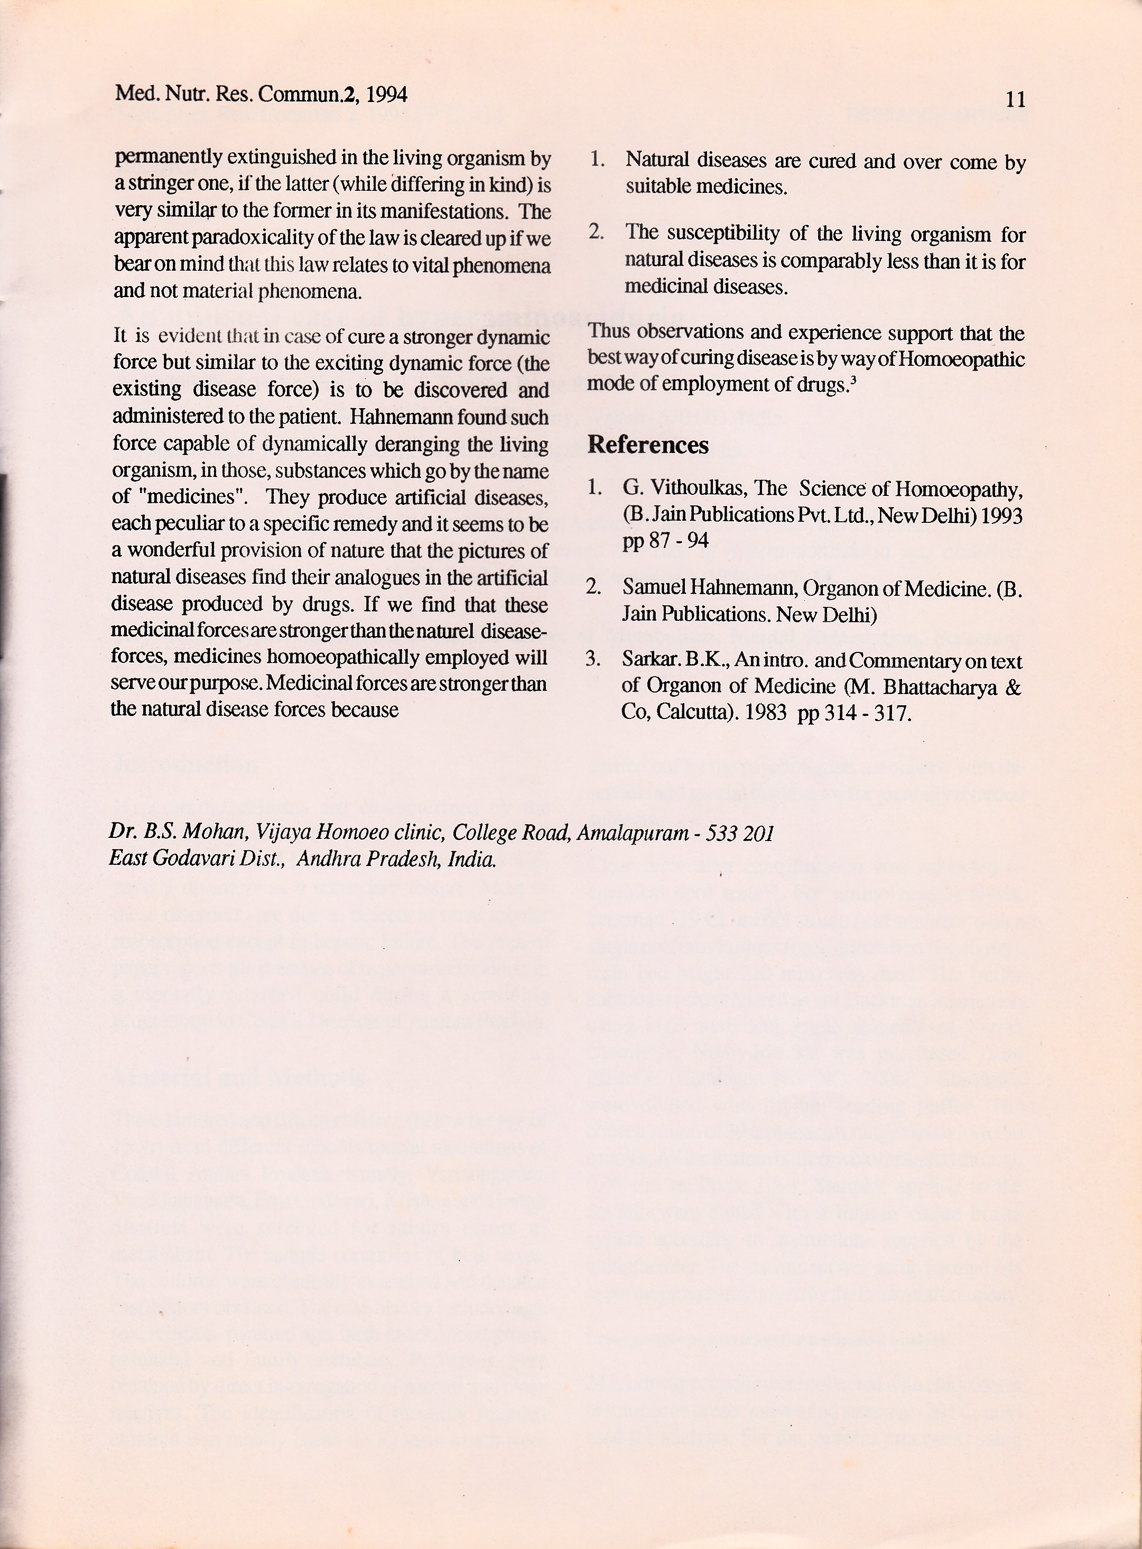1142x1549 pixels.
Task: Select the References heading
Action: click(x=648, y=445)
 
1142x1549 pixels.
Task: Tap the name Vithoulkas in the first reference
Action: click(x=701, y=489)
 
